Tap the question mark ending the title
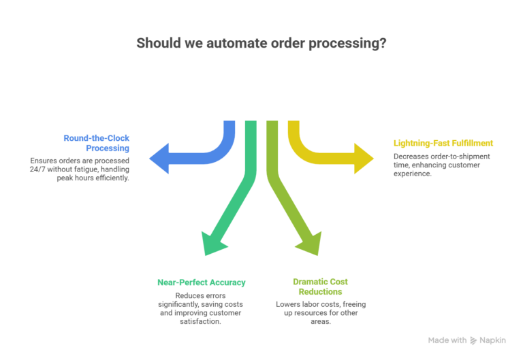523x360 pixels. [x=383, y=43]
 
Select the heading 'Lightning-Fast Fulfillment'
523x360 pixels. [x=443, y=143]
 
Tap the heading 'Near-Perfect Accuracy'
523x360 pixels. [x=201, y=282]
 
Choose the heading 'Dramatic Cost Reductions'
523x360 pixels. [x=321, y=287]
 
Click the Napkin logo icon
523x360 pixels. [x=473, y=340]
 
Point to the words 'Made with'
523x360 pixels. [x=447, y=340]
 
